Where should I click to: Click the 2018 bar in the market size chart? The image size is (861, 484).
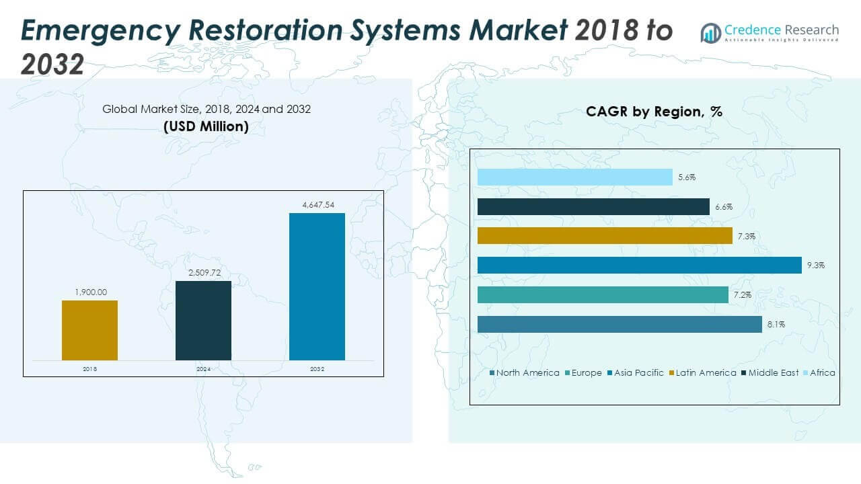89,330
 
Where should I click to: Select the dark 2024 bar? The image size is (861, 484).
203,320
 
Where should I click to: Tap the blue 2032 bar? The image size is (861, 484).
317,286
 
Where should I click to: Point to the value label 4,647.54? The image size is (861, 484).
317,205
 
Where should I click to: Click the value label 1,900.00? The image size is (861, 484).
89,292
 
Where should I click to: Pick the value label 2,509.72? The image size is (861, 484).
203,273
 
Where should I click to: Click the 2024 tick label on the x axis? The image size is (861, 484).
203,369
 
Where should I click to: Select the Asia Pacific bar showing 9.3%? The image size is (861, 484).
639,265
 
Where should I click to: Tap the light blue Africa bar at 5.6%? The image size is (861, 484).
574,177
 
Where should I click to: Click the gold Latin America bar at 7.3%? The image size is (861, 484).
604,235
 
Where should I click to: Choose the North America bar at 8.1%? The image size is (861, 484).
619,324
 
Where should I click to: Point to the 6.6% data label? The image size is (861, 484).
724,207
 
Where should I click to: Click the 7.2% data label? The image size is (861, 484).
743,295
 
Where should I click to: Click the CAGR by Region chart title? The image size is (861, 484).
654,112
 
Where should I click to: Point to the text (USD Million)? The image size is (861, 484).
206,126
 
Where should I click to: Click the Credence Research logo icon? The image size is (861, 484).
710,32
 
